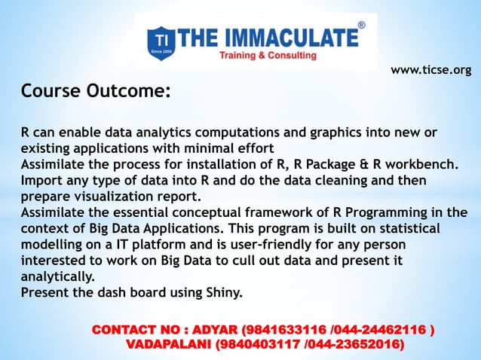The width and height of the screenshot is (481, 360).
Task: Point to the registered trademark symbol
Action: pyautogui.click(x=361, y=26)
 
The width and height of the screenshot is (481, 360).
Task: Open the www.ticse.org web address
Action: pyautogui.click(x=430, y=70)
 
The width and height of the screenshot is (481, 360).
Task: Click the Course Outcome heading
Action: pyautogui.click(x=96, y=92)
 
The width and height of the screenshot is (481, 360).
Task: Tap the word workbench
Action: pyautogui.click(x=423, y=164)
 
